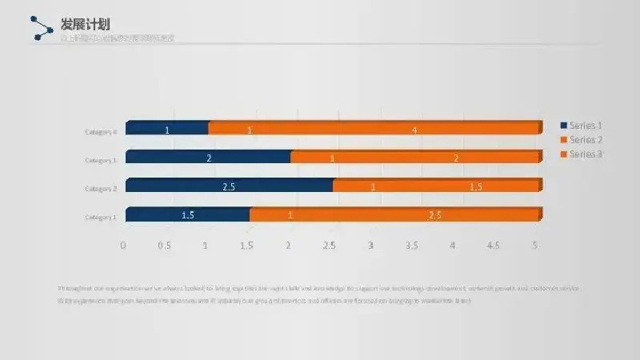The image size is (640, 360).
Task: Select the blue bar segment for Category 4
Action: [x=167, y=129]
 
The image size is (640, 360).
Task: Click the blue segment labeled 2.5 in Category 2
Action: [x=229, y=186]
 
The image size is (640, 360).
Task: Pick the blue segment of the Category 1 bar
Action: [x=188, y=214]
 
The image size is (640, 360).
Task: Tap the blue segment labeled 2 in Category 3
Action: [x=208, y=158]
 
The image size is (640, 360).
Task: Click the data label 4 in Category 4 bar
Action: [x=414, y=130]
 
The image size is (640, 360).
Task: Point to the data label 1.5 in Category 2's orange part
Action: [x=476, y=186]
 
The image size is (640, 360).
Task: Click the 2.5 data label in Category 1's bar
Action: [x=435, y=215]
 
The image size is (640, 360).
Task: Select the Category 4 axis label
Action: [x=102, y=132]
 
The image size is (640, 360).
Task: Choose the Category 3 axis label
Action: [x=102, y=160]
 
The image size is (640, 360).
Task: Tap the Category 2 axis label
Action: [x=102, y=189]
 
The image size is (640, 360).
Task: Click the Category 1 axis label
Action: [x=102, y=217]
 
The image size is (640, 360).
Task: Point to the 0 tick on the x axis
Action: [x=123, y=245]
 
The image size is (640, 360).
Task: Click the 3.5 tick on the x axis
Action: [x=411, y=245]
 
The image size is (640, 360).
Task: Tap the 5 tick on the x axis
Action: [x=535, y=245]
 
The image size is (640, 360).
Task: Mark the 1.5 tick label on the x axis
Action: [x=246, y=245]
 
